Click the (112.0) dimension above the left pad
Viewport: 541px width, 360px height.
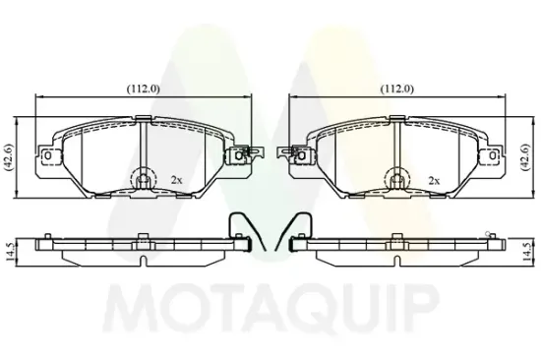pos(144,90)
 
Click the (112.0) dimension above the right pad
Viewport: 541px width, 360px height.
pos(397,90)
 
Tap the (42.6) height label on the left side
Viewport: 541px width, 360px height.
pos(9,157)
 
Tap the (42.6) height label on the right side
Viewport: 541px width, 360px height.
pos(525,157)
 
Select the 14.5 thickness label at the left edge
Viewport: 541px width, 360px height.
pos(10,252)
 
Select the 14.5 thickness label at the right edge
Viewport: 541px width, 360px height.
pos(527,252)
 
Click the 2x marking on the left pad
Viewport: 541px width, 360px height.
pos(176,180)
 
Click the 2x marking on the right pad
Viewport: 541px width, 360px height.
pos(434,180)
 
